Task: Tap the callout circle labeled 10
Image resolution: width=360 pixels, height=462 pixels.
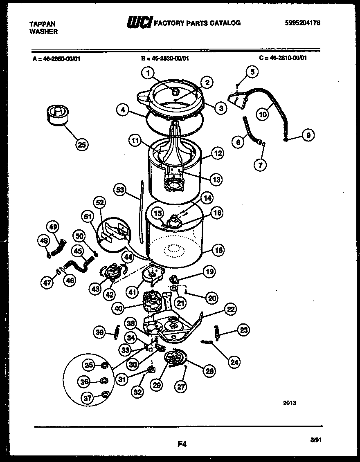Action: pos(263,114)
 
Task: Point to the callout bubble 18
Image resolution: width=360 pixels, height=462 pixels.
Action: pos(218,250)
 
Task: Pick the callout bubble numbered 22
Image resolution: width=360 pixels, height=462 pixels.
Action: pos(231,309)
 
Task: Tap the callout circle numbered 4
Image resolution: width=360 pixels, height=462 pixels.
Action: pos(123,109)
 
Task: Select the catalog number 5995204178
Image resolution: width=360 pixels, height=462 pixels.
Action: pos(302,23)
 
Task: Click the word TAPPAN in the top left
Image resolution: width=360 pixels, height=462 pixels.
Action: pos(43,24)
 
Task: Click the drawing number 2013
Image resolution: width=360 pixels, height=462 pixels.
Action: pos(289,403)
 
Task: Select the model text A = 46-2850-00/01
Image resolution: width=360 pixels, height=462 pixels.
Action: pos(59,58)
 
